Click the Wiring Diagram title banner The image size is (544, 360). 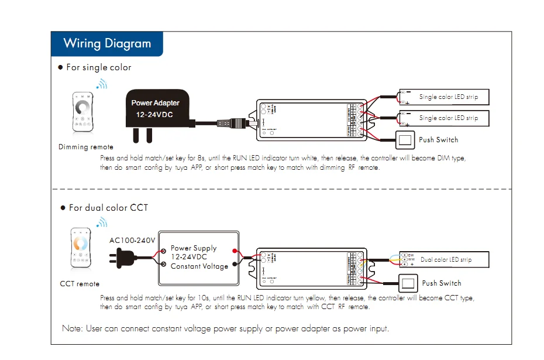pyautogui.click(x=107, y=44)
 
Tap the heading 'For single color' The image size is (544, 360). pyautogui.click(x=98, y=67)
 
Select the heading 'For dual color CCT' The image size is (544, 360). pyautogui.click(x=108, y=208)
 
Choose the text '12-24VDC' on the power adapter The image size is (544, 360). pyautogui.click(x=154, y=115)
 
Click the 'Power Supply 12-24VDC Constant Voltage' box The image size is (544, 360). pyautogui.click(x=198, y=258)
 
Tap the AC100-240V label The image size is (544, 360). pyautogui.click(x=132, y=241)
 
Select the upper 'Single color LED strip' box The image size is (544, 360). pyautogui.click(x=444, y=97)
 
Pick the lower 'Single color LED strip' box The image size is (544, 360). pyautogui.click(x=444, y=118)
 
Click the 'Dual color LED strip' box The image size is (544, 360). pyautogui.click(x=444, y=259)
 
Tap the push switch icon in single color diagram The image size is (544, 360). pyautogui.click(x=405, y=140)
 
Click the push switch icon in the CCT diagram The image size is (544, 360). pyautogui.click(x=409, y=283)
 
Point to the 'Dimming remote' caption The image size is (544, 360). pyautogui.click(x=86, y=147)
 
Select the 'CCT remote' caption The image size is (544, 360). pyautogui.click(x=80, y=284)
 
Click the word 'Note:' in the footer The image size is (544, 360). pyautogui.click(x=73, y=328)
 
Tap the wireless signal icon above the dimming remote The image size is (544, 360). pyautogui.click(x=102, y=84)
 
